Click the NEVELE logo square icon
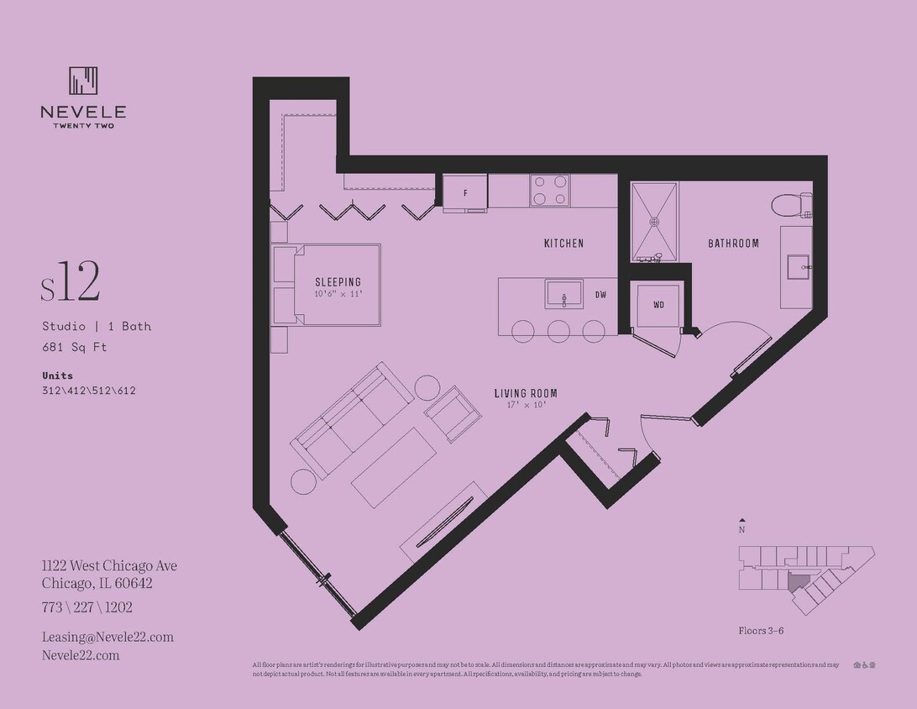(83, 81)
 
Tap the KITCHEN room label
(563, 244)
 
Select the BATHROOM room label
(733, 244)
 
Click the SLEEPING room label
(338, 282)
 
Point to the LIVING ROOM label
(526, 393)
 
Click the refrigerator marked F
(465, 193)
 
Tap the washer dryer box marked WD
(658, 305)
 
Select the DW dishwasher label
(600, 295)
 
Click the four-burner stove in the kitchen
(549, 190)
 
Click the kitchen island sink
(563, 295)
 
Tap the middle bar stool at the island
(558, 330)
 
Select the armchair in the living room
(452, 412)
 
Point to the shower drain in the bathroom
(654, 222)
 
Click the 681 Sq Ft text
(75, 347)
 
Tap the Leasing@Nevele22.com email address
(107, 637)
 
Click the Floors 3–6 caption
(761, 630)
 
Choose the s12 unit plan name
(71, 283)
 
